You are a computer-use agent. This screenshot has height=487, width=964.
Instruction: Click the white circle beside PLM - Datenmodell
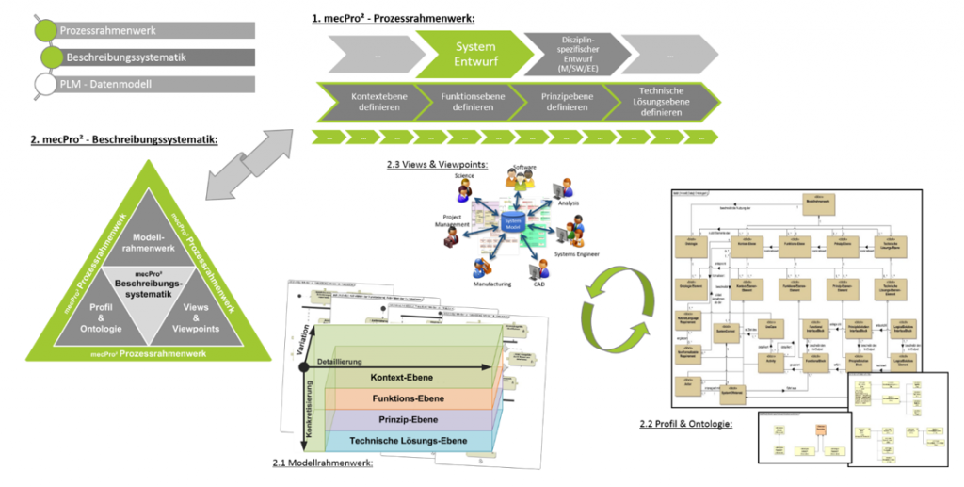click(43, 85)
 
